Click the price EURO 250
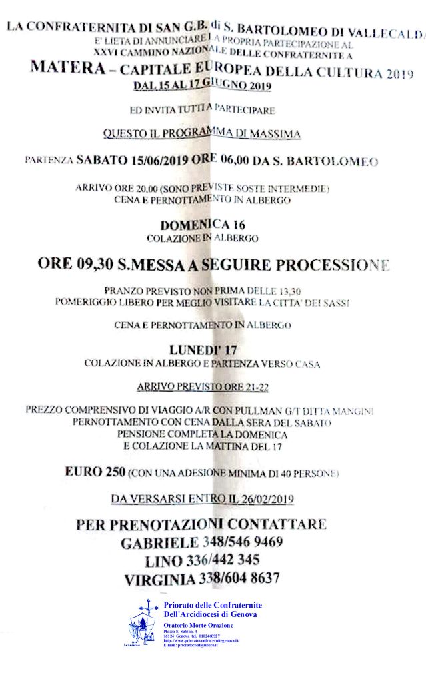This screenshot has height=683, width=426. [95, 472]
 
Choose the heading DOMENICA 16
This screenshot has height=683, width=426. [201, 225]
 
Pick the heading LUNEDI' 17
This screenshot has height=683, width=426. [202, 350]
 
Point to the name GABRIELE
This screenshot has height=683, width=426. [159, 542]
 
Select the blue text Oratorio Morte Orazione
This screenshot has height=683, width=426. [199, 625]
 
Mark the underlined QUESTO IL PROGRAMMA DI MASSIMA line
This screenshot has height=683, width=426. [201, 133]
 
